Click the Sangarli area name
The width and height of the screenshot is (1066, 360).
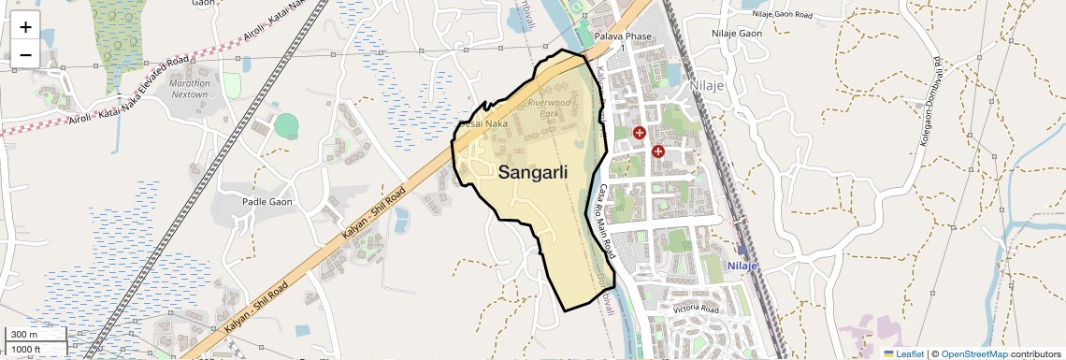point(533,172)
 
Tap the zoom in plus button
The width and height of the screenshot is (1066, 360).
point(25,26)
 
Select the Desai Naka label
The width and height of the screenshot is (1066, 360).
point(483,123)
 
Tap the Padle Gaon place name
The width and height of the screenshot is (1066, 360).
point(267,202)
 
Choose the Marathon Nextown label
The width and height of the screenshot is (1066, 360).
point(190,89)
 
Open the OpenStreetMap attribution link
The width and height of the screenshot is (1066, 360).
point(973,353)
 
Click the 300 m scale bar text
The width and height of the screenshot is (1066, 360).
point(24,335)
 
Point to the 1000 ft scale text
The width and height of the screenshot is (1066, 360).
point(25,349)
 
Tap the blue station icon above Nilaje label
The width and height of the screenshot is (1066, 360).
point(742,250)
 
